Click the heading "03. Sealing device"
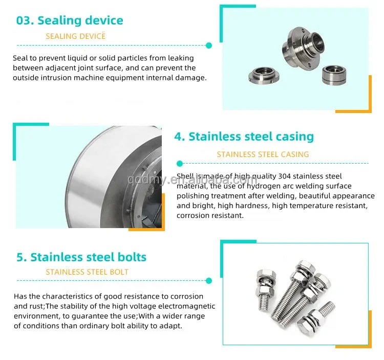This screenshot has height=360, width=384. pyautogui.click(x=70, y=20)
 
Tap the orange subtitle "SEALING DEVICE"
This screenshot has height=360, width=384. pyautogui.click(x=75, y=36)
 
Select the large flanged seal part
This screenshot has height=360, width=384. pyautogui.click(x=303, y=48)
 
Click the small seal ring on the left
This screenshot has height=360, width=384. pyautogui.click(x=264, y=75)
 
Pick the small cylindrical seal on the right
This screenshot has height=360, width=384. pyautogui.click(x=334, y=75)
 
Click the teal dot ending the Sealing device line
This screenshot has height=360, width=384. pyautogui.click(x=209, y=46)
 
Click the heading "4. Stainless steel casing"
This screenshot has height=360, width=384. pyautogui.click(x=244, y=137)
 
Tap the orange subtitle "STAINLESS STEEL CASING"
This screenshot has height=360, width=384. pyautogui.click(x=263, y=154)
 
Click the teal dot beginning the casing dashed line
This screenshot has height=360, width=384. pyautogui.click(x=180, y=164)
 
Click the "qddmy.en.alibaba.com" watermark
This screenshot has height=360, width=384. pyautogui.click(x=192, y=180)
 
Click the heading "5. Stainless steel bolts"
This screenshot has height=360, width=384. pyautogui.click(x=81, y=257)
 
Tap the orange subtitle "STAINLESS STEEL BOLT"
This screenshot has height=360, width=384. pyautogui.click(x=87, y=272)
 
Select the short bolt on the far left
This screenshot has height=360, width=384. pyautogui.click(x=266, y=287)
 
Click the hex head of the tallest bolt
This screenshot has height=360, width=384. pyautogui.click(x=305, y=267)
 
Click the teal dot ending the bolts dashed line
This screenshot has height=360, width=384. pyautogui.click(x=209, y=281)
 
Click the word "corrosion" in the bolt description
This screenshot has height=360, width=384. pyautogui.click(x=187, y=297)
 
